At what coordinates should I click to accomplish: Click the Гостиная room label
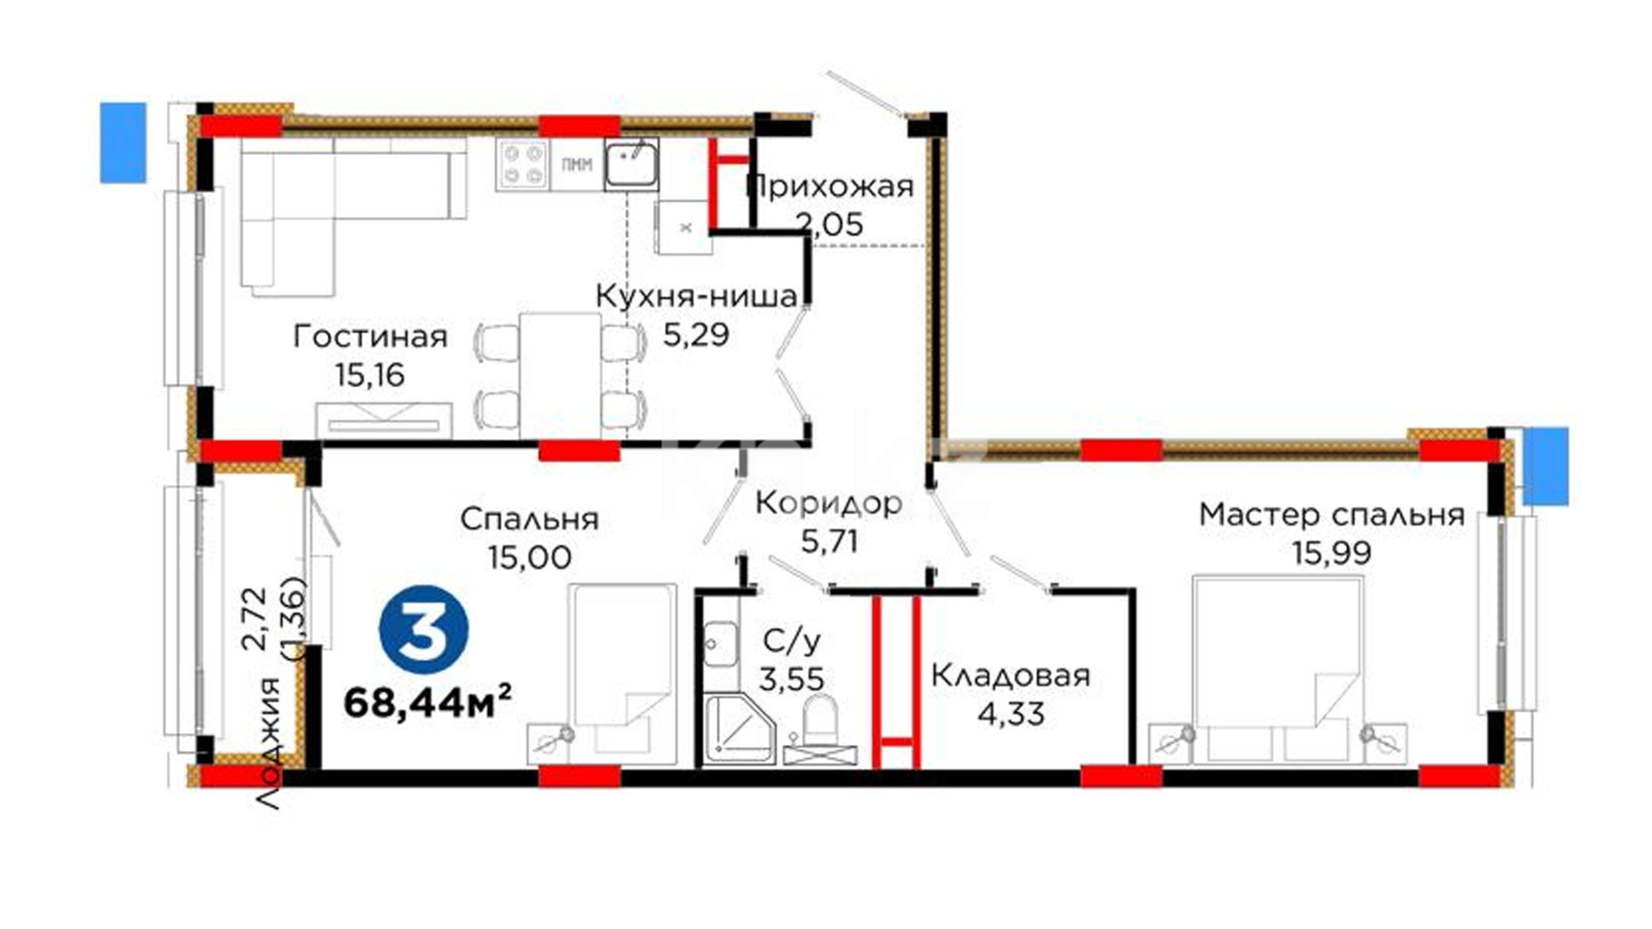370,336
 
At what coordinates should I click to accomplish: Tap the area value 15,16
370,375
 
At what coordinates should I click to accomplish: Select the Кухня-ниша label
697,296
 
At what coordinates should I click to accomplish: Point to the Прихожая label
830,186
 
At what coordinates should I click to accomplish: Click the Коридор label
829,503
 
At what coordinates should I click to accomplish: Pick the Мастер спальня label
1332,514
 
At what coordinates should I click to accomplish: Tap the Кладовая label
1011,676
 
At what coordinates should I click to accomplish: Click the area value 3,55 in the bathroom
791,679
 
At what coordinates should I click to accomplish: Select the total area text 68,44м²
428,702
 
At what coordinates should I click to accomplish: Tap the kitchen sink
632,164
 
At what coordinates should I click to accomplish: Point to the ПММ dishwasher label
576,165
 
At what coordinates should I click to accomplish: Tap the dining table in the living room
560,374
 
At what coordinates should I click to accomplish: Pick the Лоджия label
269,744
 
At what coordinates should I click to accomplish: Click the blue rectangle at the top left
123,143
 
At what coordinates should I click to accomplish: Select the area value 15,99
1332,552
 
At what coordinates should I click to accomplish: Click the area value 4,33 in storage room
1011,713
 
